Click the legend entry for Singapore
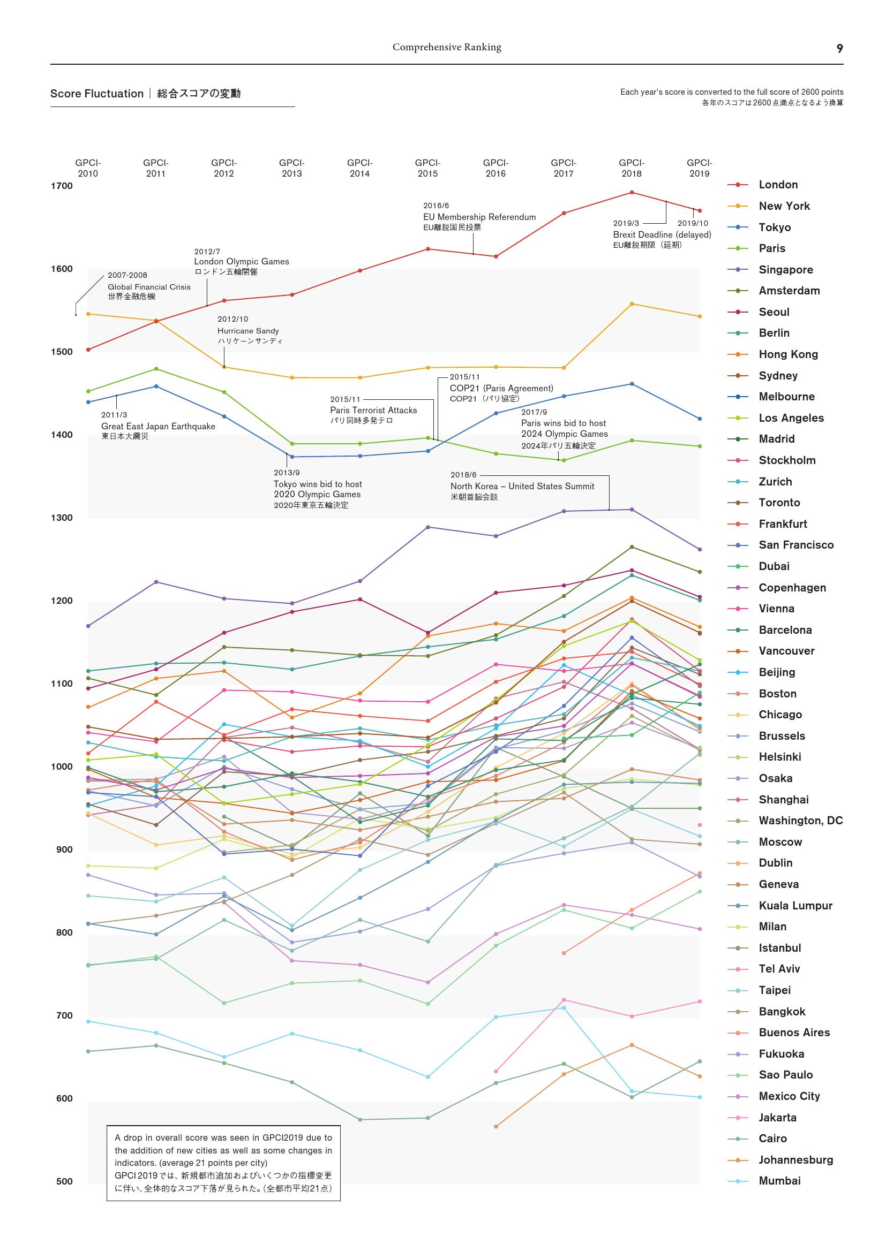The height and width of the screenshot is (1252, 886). click(x=785, y=270)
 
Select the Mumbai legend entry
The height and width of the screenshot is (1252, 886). click(x=779, y=1181)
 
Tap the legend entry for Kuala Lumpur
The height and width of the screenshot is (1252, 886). click(x=795, y=906)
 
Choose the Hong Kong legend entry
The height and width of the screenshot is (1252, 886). click(x=788, y=354)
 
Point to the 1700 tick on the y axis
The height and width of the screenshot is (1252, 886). click(x=62, y=186)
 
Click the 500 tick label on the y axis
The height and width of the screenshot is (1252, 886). click(x=64, y=1181)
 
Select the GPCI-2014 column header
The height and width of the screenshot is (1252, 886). click(x=359, y=168)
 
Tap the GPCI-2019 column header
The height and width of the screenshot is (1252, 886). click(x=699, y=168)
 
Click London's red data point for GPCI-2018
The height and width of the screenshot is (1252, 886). click(x=632, y=193)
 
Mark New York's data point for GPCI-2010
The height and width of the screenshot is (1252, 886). click(x=88, y=314)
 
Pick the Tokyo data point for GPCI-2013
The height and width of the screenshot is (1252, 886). click(x=292, y=457)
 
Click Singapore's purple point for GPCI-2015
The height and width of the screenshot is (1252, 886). click(x=427, y=527)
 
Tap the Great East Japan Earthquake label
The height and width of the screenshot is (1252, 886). click(x=157, y=427)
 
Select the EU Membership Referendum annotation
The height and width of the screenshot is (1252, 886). click(x=479, y=217)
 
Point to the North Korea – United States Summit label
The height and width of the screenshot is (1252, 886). click(x=522, y=487)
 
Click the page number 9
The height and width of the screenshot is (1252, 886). click(x=839, y=49)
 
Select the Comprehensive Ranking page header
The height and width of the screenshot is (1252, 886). click(x=447, y=48)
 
